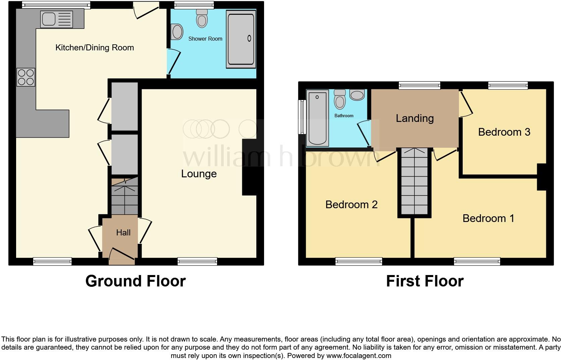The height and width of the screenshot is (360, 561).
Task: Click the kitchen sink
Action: click(x=56, y=19)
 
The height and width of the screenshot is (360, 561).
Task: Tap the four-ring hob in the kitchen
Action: click(x=26, y=77)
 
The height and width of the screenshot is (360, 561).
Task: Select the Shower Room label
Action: click(x=205, y=39)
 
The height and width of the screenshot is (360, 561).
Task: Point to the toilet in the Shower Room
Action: click(x=202, y=18)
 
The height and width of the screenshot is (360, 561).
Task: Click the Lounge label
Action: click(x=199, y=174)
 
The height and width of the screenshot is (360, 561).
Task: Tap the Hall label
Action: click(x=123, y=232)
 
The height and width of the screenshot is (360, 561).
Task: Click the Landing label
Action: click(x=415, y=118)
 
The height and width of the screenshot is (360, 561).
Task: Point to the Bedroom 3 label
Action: click(x=504, y=132)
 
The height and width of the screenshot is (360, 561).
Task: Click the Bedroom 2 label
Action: click(x=351, y=205)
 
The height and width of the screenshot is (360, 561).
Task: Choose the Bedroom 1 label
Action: click(x=488, y=218)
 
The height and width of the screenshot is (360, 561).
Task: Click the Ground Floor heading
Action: click(x=135, y=281)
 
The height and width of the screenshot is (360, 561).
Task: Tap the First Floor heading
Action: click(x=425, y=281)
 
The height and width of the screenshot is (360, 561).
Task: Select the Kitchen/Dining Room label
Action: click(x=95, y=48)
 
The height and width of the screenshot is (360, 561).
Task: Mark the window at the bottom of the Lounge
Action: click(x=197, y=261)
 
